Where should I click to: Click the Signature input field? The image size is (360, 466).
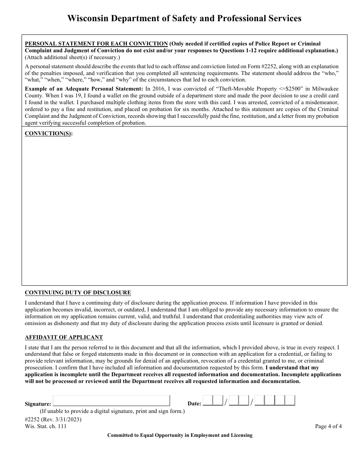[111, 401]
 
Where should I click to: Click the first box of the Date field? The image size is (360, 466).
[208, 401]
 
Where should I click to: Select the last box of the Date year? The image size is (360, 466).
[290, 401]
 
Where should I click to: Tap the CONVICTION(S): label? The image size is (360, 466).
[49, 133]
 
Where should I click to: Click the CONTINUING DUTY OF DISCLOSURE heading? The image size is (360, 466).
[78, 292]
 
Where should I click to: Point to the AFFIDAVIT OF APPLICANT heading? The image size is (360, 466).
[64, 337]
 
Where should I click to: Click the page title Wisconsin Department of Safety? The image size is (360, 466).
[184, 18]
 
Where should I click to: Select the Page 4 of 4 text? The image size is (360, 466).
[328, 426]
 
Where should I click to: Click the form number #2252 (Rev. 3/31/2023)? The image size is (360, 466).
[53, 419]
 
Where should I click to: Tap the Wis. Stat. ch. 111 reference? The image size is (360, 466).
[45, 426]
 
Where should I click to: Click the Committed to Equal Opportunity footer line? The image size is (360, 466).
[180, 435]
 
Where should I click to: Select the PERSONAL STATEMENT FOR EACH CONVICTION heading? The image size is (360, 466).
[96, 44]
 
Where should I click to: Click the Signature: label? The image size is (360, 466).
[38, 404]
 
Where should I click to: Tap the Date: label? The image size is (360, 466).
[194, 404]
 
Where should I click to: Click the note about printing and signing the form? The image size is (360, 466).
[112, 411]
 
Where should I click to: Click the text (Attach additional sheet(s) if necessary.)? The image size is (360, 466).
[72, 57]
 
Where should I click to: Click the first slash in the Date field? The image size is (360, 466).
[226, 402]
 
